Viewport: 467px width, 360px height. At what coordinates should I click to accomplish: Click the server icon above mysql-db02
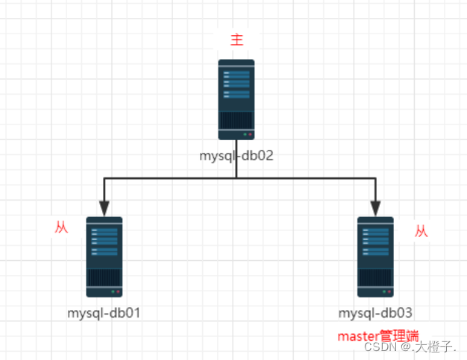[236, 99]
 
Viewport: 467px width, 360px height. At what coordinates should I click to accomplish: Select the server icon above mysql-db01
[104, 256]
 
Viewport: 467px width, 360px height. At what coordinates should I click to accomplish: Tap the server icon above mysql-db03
[375, 256]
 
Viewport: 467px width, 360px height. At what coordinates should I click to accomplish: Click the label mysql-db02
[236, 157]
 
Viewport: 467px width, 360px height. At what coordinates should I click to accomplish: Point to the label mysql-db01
[104, 313]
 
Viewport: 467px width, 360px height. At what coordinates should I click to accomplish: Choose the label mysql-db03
[375, 313]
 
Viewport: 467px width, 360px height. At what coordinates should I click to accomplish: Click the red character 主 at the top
[237, 40]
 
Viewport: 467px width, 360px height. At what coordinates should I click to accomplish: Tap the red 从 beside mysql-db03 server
[421, 232]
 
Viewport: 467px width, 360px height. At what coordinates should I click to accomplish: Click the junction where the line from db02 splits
[236, 178]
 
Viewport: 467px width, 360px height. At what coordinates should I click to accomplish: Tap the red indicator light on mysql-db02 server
[251, 134]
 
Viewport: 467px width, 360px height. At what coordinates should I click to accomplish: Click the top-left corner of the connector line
[104, 178]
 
